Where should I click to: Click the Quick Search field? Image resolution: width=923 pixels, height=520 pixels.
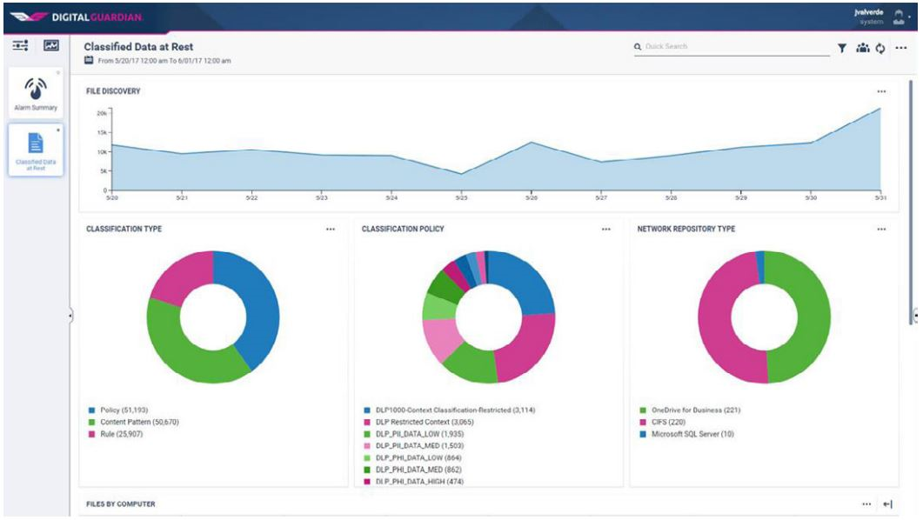(735, 46)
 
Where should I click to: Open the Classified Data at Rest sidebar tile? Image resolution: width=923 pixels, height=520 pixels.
(35, 150)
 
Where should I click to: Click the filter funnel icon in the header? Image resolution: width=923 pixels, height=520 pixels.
(842, 49)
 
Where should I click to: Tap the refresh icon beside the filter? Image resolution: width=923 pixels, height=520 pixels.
(879, 49)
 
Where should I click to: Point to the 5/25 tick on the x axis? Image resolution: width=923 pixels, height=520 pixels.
(462, 197)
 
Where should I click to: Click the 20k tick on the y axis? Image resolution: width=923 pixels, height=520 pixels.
(101, 113)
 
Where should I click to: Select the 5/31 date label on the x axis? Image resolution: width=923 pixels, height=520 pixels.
(880, 198)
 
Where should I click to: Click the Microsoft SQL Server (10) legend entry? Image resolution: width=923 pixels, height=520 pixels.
(692, 433)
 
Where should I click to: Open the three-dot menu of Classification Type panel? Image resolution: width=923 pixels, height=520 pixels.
(330, 230)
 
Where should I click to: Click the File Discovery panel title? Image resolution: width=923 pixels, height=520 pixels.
(113, 90)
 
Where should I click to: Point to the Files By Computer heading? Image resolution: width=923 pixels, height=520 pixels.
(121, 503)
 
